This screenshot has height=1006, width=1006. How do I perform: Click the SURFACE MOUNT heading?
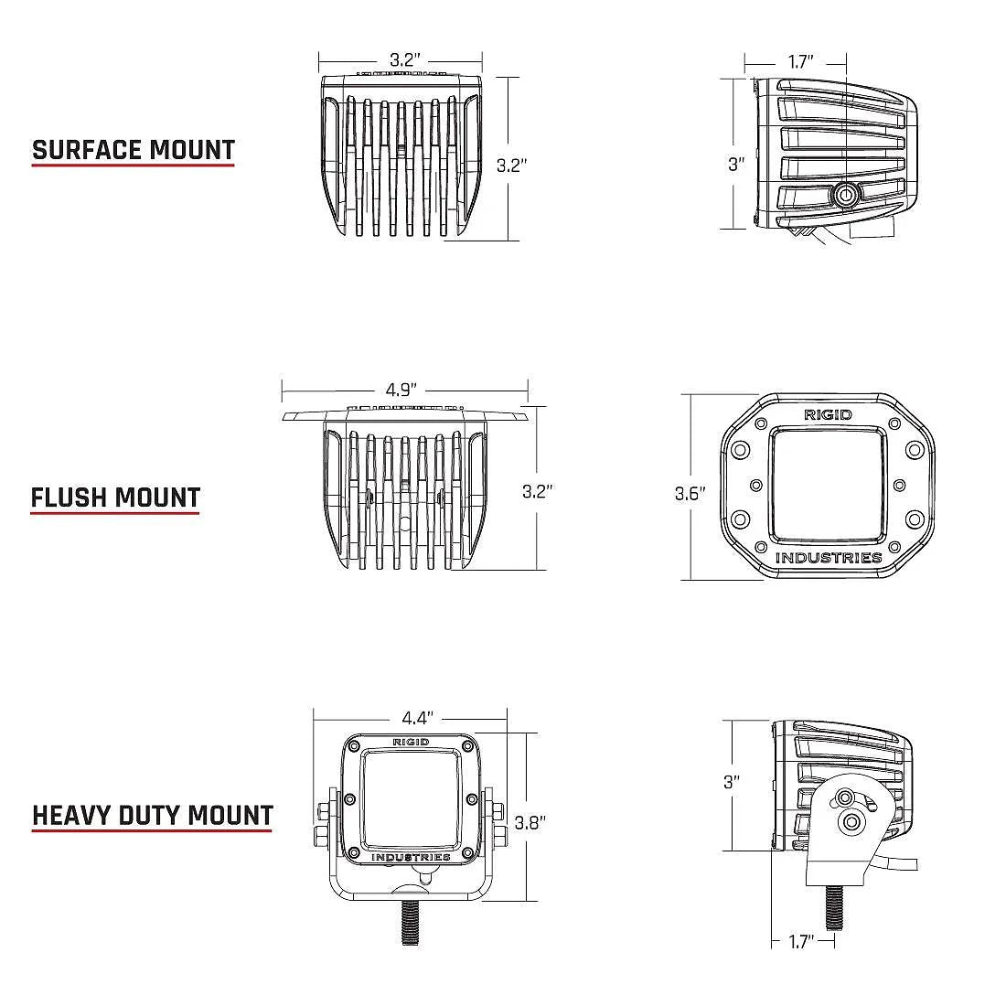point(134,150)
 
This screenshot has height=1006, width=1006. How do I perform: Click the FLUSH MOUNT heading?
point(115,498)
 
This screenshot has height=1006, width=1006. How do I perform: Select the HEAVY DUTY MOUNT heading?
point(153,815)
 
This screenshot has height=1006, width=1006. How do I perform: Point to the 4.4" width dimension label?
point(417,718)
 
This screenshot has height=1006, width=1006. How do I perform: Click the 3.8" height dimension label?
point(530,822)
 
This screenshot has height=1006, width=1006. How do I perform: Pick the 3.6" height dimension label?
point(690,494)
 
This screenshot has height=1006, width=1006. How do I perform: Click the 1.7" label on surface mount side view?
point(800,62)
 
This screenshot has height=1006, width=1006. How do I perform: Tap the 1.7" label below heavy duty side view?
point(801,941)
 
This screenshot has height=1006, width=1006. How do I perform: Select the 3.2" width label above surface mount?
point(404,60)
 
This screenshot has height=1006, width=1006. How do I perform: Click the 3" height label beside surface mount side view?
point(736,165)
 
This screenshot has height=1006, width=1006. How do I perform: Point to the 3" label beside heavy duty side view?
point(731,782)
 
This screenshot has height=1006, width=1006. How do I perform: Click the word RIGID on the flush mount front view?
point(828,414)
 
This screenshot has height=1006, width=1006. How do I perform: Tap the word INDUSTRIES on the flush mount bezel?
point(829,558)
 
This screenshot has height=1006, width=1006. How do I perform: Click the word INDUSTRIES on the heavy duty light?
point(411,857)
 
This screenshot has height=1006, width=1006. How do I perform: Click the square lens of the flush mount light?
point(828,485)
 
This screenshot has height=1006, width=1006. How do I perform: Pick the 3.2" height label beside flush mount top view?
point(538,491)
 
